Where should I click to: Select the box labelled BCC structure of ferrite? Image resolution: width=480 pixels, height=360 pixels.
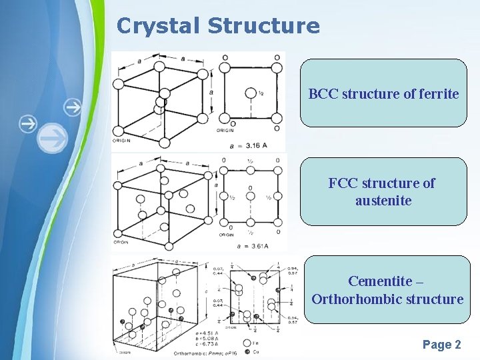383,93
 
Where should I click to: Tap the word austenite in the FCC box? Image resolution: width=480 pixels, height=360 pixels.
383,200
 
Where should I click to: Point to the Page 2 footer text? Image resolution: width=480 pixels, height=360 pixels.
441,345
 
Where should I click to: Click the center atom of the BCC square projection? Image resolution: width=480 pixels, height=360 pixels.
251,93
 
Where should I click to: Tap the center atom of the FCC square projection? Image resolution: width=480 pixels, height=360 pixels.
251,197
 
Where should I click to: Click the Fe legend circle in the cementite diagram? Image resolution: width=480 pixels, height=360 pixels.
247,342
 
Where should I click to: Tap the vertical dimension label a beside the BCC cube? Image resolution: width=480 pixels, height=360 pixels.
211,91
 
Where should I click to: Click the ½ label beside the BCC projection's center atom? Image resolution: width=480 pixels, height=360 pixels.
262,94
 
